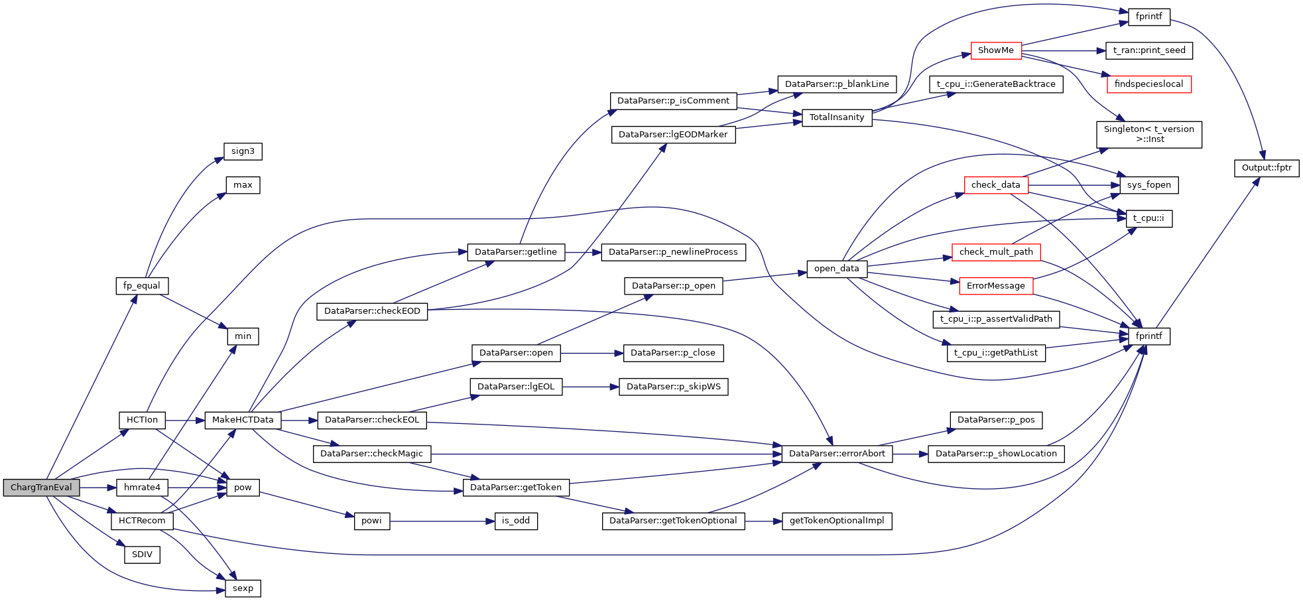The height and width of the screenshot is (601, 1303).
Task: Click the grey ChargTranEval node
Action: point(41,488)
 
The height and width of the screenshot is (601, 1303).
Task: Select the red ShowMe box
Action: point(995,50)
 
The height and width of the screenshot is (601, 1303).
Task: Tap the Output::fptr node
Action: point(1266,168)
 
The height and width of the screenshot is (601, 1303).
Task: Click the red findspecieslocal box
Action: point(1148,84)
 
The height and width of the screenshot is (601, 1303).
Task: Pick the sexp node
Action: point(243,588)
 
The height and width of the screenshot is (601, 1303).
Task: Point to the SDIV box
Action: point(142,555)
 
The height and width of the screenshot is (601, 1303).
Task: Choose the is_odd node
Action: point(515,521)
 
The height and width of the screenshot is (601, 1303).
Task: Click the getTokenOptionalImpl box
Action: point(836,521)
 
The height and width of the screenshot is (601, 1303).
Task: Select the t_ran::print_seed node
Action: point(1148,50)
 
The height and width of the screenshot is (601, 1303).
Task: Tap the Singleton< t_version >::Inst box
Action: point(1148,134)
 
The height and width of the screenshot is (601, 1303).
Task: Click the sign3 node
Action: point(243,151)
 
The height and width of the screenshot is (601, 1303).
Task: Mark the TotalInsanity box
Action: point(836,117)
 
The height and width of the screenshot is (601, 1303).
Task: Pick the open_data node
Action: point(836,269)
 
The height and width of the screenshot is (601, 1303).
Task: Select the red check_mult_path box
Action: point(995,252)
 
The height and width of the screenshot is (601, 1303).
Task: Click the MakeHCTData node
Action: point(243,420)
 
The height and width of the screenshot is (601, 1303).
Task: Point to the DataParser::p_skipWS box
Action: point(673,387)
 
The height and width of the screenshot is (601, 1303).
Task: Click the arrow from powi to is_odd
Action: point(442,521)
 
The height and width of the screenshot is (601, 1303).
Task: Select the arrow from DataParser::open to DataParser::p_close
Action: point(591,354)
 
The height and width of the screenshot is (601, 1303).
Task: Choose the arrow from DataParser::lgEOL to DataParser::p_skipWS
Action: point(590,387)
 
